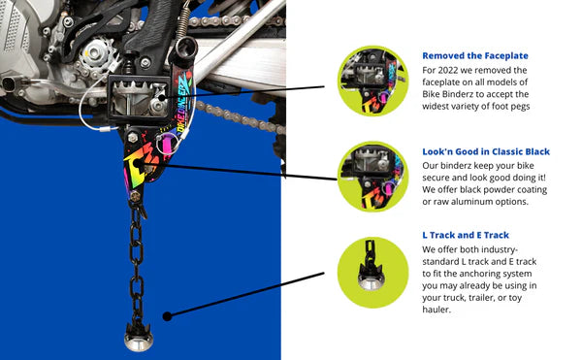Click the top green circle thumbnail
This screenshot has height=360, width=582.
tap(372, 81)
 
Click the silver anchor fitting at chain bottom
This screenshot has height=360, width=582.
tap(138, 338)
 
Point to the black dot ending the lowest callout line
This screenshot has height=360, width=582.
tap(168, 316)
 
